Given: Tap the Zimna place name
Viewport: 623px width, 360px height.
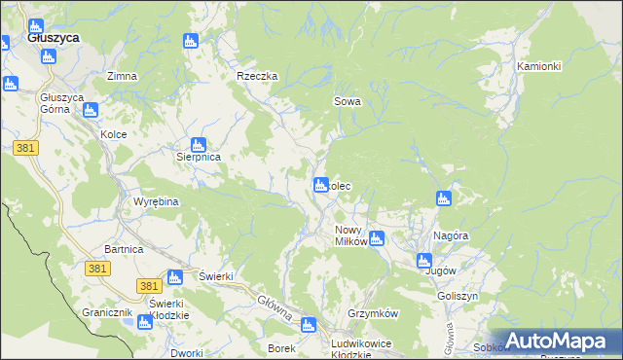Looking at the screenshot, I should pos(122,76).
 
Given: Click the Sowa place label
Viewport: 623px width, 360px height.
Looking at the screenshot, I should pos(348,100).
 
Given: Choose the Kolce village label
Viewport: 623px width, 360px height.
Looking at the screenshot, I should pos(114,134).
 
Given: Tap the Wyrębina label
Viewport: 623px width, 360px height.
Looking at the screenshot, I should pos(154,201).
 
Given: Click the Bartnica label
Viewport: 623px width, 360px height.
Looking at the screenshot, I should pos(124,250).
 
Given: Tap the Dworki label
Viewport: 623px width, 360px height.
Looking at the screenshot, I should pos(185,353).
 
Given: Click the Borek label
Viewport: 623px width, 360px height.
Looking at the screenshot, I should pos(281,347).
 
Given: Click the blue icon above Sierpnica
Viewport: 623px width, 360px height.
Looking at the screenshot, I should pos(199,144).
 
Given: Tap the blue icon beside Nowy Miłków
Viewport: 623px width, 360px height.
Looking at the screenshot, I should pos(377,238).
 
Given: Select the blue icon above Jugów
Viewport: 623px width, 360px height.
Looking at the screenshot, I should pos(423,260).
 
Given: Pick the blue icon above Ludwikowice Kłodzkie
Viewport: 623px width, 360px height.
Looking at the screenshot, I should pos(310,325).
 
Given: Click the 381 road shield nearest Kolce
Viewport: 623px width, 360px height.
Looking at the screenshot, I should pos(26,148).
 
